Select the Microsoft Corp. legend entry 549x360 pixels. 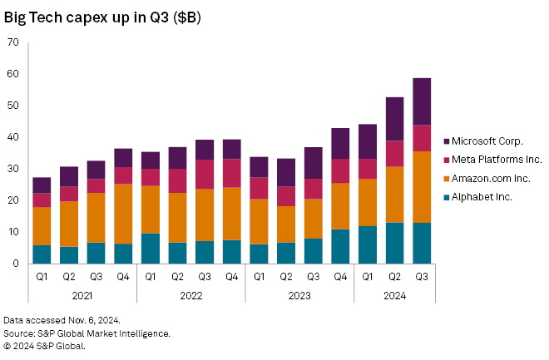pos(487,141)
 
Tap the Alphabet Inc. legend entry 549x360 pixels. pos(482,197)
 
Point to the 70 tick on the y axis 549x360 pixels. pos(12,42)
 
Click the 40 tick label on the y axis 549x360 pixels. pos(12,137)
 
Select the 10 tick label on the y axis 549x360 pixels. pos(12,232)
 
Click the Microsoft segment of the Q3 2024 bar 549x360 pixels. pos(422,101)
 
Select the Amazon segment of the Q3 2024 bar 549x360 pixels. pos(422,187)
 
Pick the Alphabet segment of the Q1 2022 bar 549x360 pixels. pos(151,249)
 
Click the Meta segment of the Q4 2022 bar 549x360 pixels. pos(232,173)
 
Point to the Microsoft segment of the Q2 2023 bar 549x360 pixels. pos(286,172)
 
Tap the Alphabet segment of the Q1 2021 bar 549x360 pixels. pos(42,254)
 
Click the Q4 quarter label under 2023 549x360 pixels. pos(341,276)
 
